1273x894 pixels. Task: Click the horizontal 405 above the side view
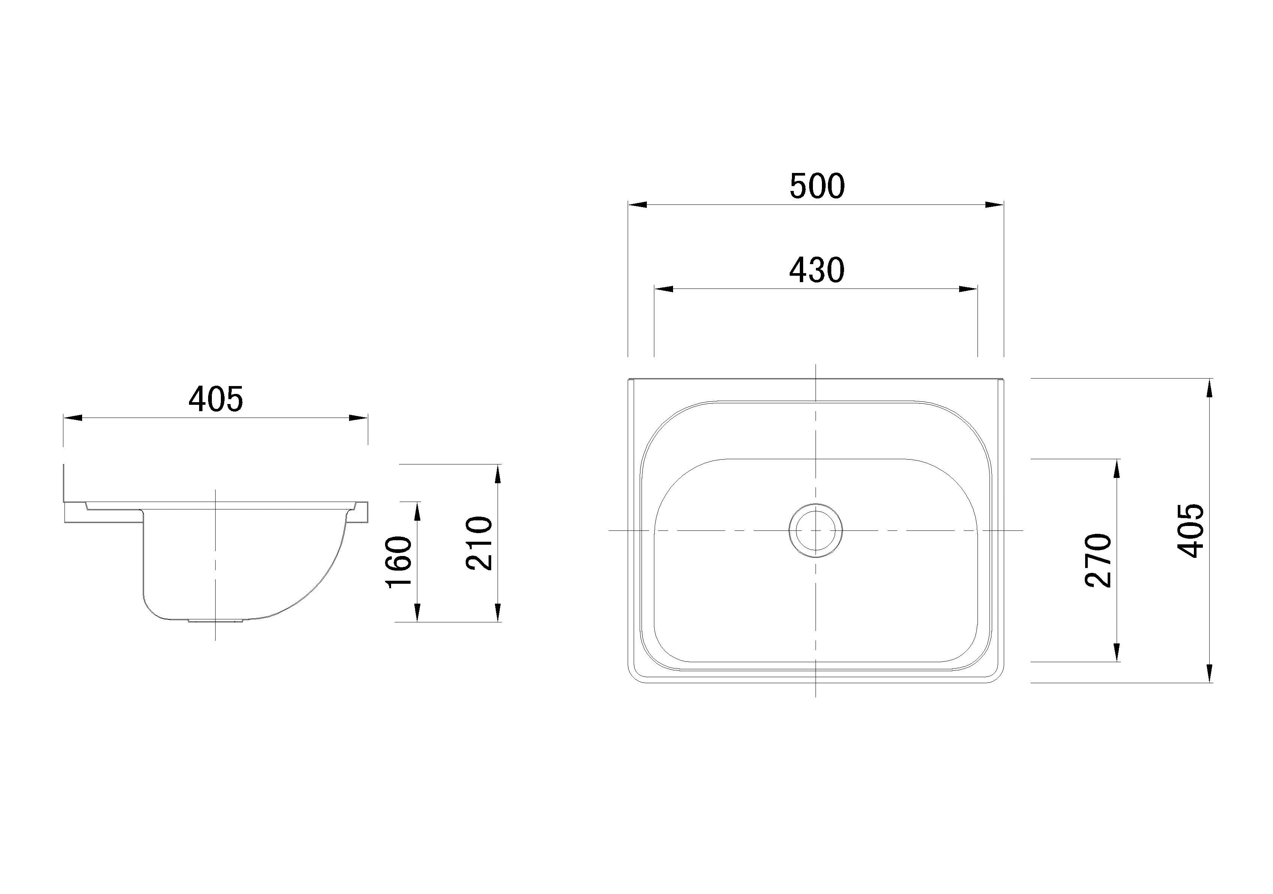(x=216, y=399)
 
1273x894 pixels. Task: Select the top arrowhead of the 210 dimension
(x=498, y=474)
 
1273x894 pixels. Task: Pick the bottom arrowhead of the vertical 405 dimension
(x=1209, y=673)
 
